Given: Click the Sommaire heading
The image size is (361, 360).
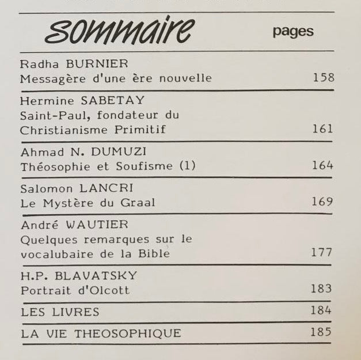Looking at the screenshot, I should point(119,31).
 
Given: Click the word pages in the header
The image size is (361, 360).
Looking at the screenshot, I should point(293,31).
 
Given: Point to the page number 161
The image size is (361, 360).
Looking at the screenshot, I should point(322,128).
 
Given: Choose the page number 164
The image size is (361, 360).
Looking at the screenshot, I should point(322,165).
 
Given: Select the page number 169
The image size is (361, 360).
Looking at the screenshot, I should point(322,202).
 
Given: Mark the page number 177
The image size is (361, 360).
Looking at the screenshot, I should point(321,252).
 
